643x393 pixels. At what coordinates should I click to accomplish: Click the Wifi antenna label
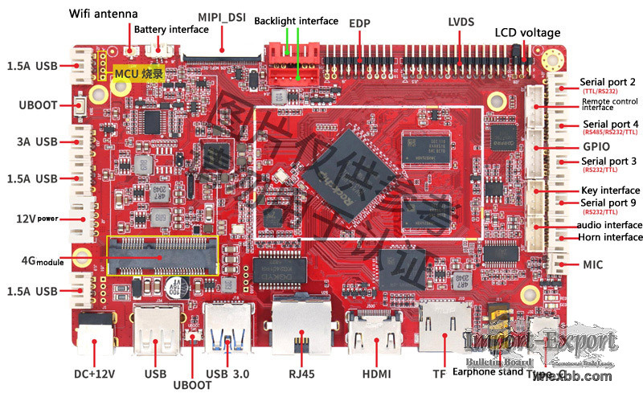[x=104, y=14]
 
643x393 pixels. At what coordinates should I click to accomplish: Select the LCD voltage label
[x=538, y=32]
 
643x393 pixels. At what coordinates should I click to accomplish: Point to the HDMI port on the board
[x=375, y=330]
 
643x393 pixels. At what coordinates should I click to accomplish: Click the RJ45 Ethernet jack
[x=300, y=329]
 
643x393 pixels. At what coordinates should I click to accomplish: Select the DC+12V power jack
[x=96, y=334]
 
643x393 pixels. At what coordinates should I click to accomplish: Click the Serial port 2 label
[x=608, y=83]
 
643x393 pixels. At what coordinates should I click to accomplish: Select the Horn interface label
[x=611, y=237]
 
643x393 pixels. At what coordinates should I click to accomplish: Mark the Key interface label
[x=610, y=190]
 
